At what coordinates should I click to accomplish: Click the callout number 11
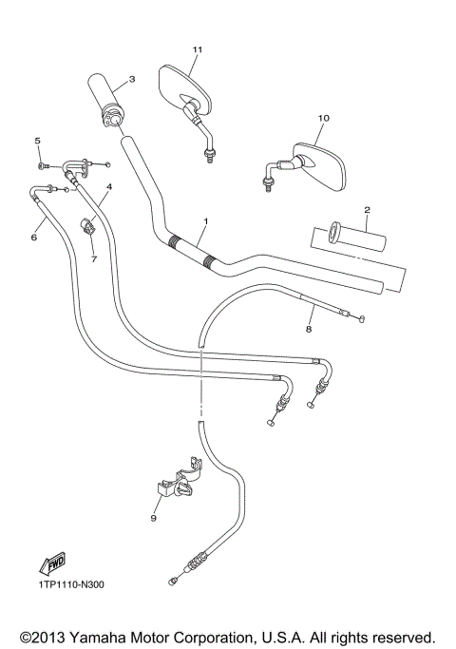point(198,49)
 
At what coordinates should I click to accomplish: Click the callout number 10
point(323,118)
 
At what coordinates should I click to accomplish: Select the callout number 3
point(131,79)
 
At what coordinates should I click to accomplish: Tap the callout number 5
point(39,142)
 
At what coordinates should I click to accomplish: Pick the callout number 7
point(94,258)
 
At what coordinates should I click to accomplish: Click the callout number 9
point(153,519)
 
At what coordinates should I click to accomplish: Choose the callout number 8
point(307,329)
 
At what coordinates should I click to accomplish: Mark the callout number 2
point(366,210)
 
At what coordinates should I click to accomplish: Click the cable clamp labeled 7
point(89,227)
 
